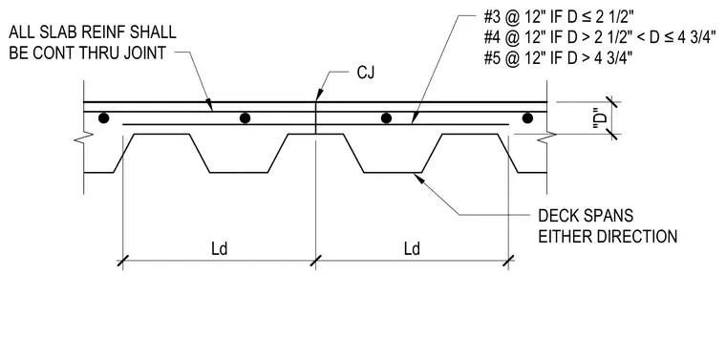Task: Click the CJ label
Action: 365,73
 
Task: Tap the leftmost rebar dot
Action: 104,118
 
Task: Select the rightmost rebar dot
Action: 527,118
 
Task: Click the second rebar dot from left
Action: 245,118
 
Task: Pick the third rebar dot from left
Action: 386,118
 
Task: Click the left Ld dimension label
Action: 220,249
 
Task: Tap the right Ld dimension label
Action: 412,249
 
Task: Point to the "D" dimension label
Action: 601,118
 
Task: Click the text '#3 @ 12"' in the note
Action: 514,17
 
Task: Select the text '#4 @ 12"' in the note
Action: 514,38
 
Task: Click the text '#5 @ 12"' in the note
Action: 514,59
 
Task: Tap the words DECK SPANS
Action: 586,216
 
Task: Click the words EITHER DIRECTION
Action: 608,237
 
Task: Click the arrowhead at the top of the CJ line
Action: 317,96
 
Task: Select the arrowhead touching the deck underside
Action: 418,179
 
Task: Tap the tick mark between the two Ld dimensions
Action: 316,261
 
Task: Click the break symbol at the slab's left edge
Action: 84,137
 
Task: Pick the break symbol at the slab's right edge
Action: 546,137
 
